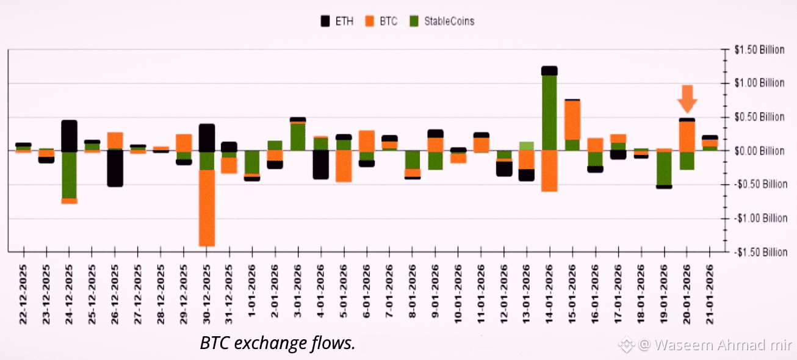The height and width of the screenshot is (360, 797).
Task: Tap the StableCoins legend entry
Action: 445,21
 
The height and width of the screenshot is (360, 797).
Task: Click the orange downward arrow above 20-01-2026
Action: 688,96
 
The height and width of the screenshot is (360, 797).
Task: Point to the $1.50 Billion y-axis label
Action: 760,50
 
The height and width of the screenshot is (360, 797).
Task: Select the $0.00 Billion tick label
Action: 760,151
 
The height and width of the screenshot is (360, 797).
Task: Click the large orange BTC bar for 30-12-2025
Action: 207,207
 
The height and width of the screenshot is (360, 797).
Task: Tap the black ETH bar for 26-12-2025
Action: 115,168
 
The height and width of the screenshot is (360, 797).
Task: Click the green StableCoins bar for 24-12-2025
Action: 70,175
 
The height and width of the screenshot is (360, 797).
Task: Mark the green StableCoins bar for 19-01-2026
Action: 664,168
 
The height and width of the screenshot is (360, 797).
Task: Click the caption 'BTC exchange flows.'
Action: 277,343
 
